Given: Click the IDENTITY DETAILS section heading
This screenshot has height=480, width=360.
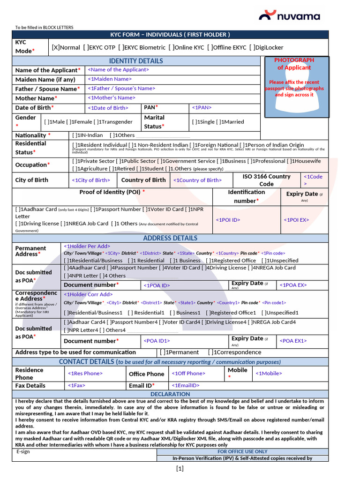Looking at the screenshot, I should [136, 61].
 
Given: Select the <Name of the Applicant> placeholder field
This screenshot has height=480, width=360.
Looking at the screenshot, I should [118, 69].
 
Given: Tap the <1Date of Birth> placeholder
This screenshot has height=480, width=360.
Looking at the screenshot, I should [107, 108].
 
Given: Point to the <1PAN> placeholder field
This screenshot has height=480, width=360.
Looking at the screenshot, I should [202, 108].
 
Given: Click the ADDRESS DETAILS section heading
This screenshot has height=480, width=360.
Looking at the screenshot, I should [170, 238].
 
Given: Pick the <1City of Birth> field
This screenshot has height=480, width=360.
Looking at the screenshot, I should [91, 180].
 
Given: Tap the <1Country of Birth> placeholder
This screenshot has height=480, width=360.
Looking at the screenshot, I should [197, 180].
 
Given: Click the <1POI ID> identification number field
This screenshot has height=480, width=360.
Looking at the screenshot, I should [228, 220].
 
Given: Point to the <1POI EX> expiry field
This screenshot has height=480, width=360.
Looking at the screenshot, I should [296, 220].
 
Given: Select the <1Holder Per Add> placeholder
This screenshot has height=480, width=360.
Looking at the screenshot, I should [87, 246].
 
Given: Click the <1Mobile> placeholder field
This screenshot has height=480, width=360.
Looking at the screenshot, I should [269, 374].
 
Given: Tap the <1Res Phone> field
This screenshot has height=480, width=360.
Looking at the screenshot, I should [85, 374].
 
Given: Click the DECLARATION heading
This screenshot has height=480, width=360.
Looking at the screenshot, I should [170, 394].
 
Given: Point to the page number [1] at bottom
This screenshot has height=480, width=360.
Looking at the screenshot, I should [180, 468].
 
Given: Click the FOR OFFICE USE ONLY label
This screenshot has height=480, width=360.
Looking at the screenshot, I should [242, 452].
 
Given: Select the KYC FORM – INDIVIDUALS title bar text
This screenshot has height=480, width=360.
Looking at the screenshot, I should [170, 35].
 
